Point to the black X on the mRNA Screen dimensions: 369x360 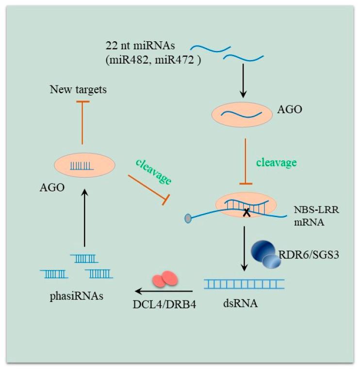(247, 211)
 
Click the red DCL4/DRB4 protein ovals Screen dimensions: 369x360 (165, 281)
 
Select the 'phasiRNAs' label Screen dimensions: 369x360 (76, 296)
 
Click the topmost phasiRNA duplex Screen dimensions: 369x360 (84, 258)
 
